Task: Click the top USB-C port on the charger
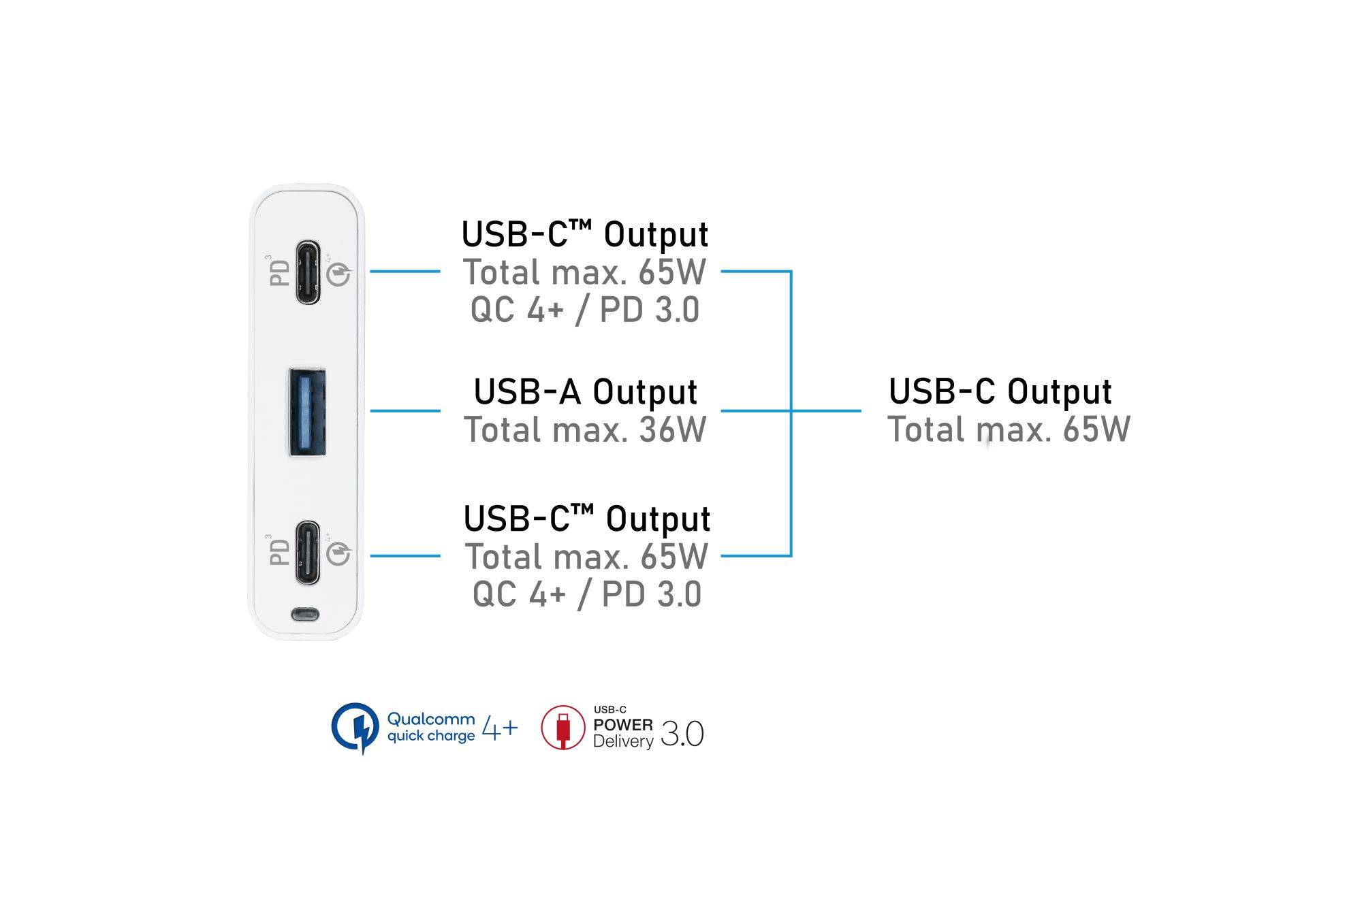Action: point(308,272)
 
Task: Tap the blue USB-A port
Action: point(307,412)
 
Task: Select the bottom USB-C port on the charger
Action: point(308,553)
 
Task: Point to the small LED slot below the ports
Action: point(304,614)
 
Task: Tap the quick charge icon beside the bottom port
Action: point(338,554)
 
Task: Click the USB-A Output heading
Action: point(585,392)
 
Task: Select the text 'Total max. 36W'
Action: point(585,430)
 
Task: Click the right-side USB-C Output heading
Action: point(1000,391)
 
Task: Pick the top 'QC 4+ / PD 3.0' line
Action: point(585,310)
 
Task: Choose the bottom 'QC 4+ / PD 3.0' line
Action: point(586,594)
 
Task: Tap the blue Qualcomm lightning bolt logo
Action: point(355,728)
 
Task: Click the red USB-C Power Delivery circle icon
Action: point(563,728)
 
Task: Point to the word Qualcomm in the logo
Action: point(430,719)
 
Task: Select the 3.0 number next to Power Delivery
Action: point(682,734)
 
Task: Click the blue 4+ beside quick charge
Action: point(500,728)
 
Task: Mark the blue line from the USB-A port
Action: point(405,410)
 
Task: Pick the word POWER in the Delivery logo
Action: point(622,725)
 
